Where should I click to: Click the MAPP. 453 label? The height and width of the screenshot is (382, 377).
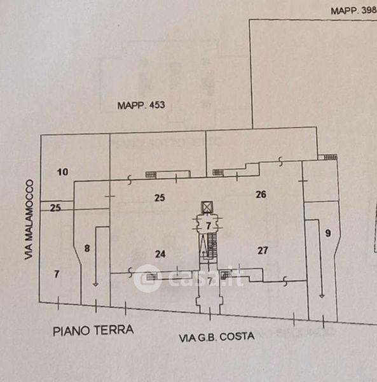pos(141,105)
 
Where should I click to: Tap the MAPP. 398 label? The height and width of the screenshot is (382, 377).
pos(354,10)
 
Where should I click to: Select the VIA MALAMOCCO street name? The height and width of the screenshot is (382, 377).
pos(29,220)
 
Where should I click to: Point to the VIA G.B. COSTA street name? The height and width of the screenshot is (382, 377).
pos(217,337)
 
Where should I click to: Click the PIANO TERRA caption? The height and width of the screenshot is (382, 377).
pos(93,330)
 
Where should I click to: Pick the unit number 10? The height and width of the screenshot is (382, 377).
pos(62,172)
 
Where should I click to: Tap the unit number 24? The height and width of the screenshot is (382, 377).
pos(160,254)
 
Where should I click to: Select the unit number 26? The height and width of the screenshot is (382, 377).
pos(261,194)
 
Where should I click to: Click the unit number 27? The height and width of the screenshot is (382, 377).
pos(263,250)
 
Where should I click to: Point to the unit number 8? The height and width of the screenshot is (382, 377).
pos(87,248)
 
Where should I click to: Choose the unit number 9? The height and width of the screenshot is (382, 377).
pos(328,233)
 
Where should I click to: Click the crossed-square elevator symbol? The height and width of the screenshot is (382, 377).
pos(207,207)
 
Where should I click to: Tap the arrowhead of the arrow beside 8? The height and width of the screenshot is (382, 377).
pos(95,285)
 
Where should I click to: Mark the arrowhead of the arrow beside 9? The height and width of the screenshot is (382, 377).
pos(322,296)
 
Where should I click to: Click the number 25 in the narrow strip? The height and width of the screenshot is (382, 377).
pos(55,208)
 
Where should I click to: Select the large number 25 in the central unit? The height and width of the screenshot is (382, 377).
pos(160,197)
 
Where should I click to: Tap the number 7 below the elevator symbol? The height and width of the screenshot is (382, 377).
pos(208,226)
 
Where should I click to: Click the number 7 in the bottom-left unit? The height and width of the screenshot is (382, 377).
pos(57,274)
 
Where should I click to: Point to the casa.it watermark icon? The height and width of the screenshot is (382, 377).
pos(147,279)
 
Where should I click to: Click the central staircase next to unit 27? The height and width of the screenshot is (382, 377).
pos(212,245)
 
